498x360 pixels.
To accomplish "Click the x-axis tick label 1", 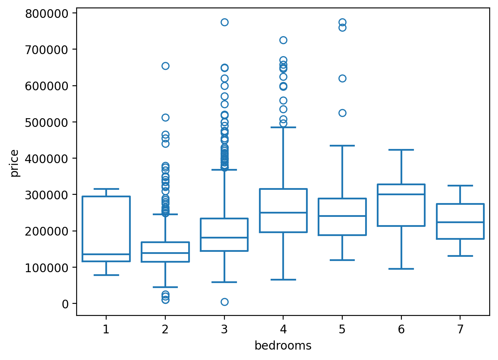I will tap(106, 330).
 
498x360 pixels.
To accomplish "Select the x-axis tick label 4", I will tap(283, 330).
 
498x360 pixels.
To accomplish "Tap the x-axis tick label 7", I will tap(460, 330).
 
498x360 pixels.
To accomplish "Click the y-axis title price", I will tap(15, 163).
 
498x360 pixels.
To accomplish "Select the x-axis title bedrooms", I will tap(283, 346).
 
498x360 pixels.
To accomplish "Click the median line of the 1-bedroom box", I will tap(106, 254).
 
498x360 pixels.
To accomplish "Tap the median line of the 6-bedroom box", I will tap(401, 194).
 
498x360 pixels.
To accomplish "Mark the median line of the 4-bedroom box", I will tap(283, 213).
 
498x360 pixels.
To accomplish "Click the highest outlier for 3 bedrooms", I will tap(224, 22).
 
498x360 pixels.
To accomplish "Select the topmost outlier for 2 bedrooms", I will tap(165, 66).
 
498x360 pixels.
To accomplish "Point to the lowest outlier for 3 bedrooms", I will tap(224, 302).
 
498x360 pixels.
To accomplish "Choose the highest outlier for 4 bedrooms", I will tap(283, 40).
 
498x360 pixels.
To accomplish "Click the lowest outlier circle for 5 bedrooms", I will tap(342, 113).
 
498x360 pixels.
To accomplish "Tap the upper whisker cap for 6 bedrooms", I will tap(401, 150).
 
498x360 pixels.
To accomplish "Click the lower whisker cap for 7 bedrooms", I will tap(460, 256).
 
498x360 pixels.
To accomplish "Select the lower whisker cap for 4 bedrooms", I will tap(283, 280).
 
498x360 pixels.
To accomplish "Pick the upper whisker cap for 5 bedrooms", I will tap(342, 146).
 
